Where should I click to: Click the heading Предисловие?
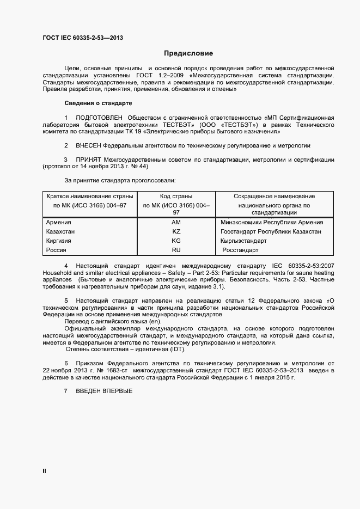click(x=188, y=53)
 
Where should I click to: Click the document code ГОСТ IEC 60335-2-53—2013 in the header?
click(x=82, y=38)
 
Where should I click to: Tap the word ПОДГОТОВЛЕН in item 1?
click(x=99, y=118)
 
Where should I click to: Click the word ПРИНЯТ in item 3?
click(x=88, y=160)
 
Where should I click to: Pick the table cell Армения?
click(x=59, y=222)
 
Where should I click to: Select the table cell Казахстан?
click(x=60, y=231)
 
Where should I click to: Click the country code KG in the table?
click(x=176, y=241)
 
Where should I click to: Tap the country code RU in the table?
click(x=176, y=250)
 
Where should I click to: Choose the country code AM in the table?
click(x=176, y=222)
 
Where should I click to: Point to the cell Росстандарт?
click(x=241, y=250)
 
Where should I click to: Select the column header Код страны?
click(x=176, y=196)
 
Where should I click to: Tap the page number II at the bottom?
click(x=44, y=470)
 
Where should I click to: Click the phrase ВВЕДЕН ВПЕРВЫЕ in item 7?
click(x=103, y=391)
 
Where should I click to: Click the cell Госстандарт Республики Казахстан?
click(x=271, y=231)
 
